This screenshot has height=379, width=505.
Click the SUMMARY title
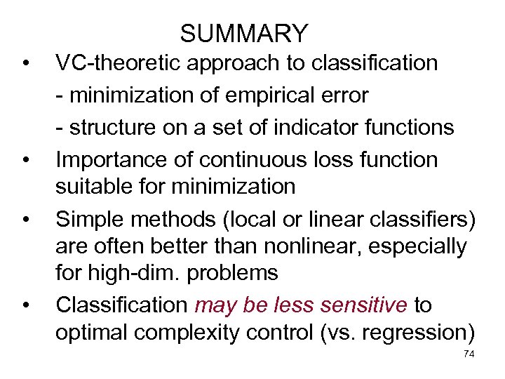243,34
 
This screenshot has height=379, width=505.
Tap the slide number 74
469,355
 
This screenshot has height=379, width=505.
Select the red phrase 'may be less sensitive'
301,305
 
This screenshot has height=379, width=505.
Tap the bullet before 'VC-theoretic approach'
25,65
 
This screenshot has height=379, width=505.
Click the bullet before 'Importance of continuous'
25,161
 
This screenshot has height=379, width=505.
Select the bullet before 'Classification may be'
25,307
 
